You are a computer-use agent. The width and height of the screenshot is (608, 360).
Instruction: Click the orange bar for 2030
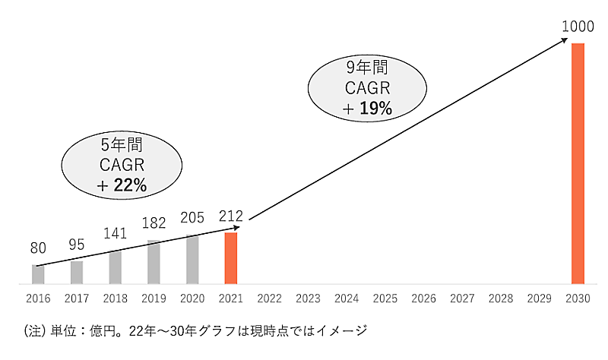click(578, 163)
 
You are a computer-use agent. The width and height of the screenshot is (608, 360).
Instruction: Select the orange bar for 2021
click(231, 258)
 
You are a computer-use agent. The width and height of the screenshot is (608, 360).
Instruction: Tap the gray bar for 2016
click(38, 274)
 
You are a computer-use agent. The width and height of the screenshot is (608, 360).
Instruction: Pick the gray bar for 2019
click(154, 262)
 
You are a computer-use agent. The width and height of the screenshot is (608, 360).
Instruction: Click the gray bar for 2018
click(115, 267)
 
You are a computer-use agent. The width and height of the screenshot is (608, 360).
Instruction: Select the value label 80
click(38, 248)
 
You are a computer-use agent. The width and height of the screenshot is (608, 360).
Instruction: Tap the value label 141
click(115, 233)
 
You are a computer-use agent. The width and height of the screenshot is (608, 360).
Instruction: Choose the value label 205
click(192, 219)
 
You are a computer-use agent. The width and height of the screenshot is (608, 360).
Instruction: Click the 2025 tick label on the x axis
click(385, 299)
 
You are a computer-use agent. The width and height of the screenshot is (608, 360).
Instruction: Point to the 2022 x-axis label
click(270, 299)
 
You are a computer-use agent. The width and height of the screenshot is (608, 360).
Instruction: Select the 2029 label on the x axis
click(540, 299)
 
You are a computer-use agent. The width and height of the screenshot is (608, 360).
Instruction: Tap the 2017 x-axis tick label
click(77, 299)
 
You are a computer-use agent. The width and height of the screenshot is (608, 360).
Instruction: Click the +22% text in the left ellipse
click(122, 185)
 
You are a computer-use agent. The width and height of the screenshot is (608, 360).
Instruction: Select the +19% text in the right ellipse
click(367, 109)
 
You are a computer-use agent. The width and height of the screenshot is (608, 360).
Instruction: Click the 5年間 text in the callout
click(122, 144)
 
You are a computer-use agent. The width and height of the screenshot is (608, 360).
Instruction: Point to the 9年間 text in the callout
click(367, 68)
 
